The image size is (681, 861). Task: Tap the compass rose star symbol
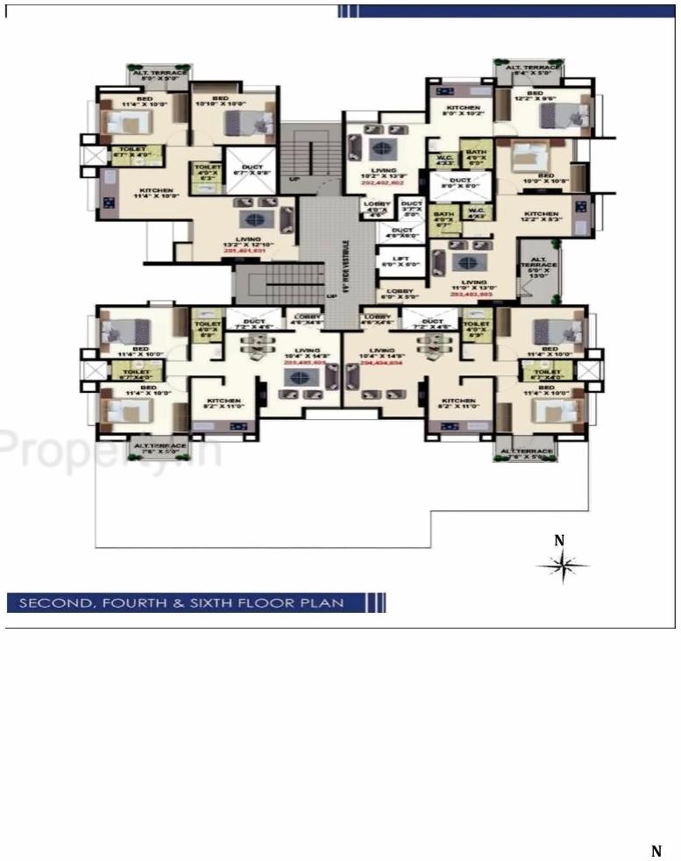pos(562,566)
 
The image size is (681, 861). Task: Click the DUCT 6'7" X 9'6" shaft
pos(252,170)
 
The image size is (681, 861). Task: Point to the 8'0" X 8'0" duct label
pos(460,184)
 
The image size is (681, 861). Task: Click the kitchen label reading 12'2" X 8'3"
pos(541,217)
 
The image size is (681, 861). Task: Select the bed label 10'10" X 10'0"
pos(220,101)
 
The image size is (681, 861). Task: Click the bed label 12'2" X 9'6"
pos(534,96)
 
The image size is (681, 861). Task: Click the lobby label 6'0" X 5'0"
pos(397,293)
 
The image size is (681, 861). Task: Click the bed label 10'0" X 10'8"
pos(546,179)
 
